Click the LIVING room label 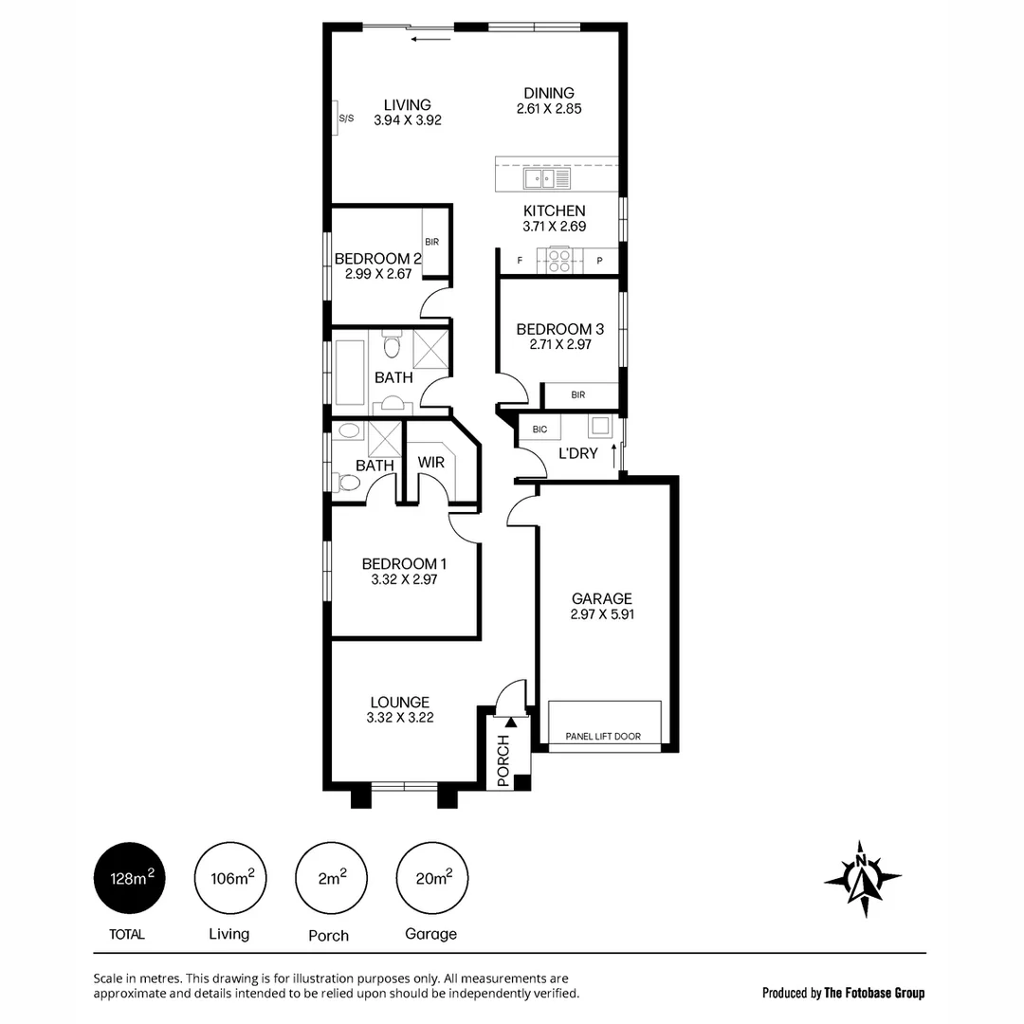[x=408, y=105]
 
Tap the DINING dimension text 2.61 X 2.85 [x=549, y=109]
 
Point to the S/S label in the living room [x=345, y=119]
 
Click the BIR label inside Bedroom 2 [x=431, y=243]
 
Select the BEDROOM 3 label [x=559, y=329]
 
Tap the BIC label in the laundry [x=539, y=430]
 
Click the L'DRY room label [x=577, y=454]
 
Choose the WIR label [x=430, y=464]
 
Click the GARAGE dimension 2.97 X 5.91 [x=601, y=614]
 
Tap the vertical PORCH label [x=503, y=760]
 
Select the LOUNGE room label [x=399, y=703]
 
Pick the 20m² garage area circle [x=432, y=879]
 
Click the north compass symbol [x=862, y=878]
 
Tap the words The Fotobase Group [x=873, y=994]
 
